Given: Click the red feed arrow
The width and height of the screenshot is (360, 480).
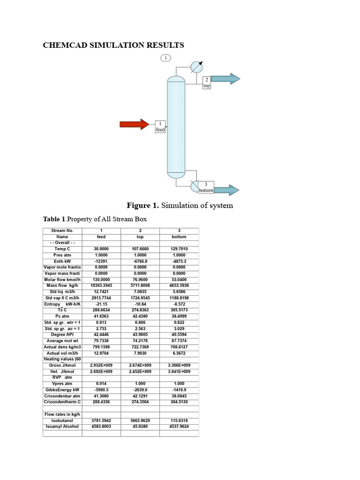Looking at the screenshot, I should pos(134,124).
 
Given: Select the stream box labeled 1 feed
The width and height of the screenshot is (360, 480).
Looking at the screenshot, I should pos(160,126).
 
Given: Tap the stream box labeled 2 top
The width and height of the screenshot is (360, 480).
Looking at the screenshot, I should pos(207,83).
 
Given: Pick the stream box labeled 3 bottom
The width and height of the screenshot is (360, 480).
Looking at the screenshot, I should pos(206,187).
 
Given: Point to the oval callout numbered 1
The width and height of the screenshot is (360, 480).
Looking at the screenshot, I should pos(165,58).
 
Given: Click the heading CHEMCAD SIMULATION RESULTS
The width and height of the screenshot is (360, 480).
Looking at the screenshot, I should pos(113,45).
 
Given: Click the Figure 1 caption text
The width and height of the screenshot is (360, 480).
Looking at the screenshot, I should pos(180,205).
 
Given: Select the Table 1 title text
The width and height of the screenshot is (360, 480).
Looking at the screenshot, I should pos(95,219).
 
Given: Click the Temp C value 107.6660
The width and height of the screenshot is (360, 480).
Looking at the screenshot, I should pos(140,249).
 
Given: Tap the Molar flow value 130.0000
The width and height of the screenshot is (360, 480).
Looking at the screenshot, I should pos(101,279).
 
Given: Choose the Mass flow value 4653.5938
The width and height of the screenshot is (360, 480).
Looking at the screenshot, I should pos(179,285).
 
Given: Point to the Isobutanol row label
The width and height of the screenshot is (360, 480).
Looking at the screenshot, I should pos(62,420).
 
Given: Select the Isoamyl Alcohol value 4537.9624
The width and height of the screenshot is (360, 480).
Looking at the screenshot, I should pos(179,427).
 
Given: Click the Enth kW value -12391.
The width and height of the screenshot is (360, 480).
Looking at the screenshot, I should pos(101,261).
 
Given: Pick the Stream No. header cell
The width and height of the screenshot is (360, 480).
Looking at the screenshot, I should pos(62,231).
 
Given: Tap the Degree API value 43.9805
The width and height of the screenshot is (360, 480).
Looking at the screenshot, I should pos(140,334).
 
